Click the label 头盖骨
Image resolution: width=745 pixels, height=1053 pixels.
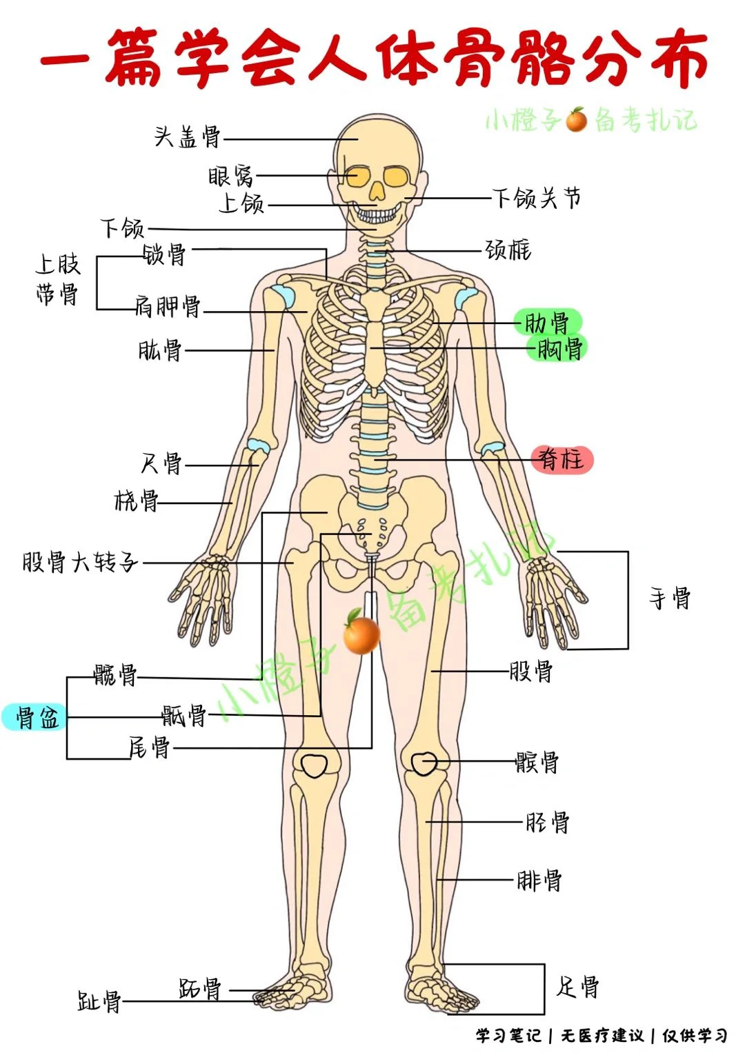point(187,137)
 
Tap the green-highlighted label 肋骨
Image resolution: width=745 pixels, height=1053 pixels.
point(548,322)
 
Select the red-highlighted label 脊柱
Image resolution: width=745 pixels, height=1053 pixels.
point(562,459)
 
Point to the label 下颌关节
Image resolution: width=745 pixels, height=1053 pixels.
point(537,199)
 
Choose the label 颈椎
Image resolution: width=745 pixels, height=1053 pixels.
point(508,250)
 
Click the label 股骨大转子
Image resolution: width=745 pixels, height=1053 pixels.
point(80,562)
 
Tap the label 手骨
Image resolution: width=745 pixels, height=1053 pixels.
point(670,598)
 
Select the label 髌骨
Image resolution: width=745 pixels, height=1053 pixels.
point(537,762)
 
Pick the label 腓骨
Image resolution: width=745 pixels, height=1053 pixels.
point(539,880)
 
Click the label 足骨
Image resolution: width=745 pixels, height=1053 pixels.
point(577,987)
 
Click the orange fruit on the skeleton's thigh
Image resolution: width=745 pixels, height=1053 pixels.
point(361,634)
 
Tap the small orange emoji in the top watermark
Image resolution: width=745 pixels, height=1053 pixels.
point(576,120)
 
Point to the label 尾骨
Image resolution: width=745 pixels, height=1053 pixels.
point(149,747)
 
